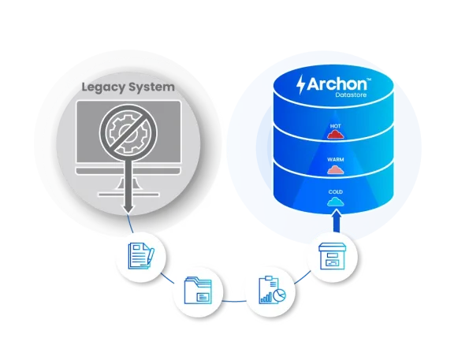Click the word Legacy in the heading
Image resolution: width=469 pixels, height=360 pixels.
(x=103, y=87)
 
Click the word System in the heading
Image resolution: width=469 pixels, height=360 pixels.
(x=151, y=87)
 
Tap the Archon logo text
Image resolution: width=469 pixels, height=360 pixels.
(x=337, y=84)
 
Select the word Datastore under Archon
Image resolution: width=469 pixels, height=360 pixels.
(x=351, y=95)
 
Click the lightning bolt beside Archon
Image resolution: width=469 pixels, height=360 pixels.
(x=300, y=85)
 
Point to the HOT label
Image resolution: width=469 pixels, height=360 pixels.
(x=335, y=126)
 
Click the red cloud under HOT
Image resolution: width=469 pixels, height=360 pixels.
(x=336, y=135)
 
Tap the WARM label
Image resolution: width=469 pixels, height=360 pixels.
(x=336, y=160)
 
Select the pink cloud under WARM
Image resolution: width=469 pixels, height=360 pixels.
(x=336, y=170)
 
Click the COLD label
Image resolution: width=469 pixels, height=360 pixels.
(x=336, y=192)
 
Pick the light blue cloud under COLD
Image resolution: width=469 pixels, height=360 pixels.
(x=336, y=202)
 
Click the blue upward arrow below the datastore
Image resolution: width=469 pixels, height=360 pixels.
(x=337, y=221)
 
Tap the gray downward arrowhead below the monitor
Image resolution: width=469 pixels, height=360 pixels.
(x=128, y=209)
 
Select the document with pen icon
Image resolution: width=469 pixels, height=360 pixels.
(x=141, y=256)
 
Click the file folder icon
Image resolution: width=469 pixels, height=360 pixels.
(x=198, y=291)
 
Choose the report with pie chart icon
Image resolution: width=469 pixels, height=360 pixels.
(x=272, y=290)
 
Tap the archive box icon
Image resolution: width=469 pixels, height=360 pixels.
(x=333, y=256)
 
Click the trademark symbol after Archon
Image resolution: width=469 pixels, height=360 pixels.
(x=369, y=80)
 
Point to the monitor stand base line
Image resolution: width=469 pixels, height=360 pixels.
(x=128, y=195)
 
